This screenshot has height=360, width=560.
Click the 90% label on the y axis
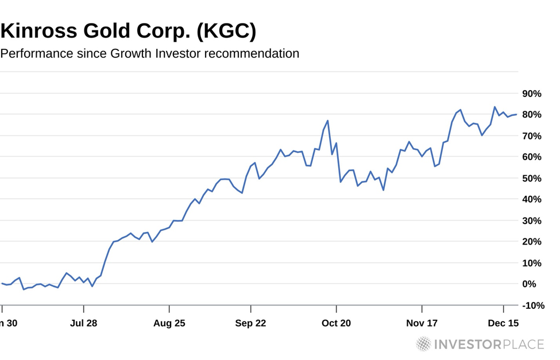531,94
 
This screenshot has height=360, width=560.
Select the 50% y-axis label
531,179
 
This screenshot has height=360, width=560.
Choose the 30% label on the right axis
531,221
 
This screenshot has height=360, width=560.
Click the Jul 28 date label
84,323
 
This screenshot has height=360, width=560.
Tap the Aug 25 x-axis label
169,323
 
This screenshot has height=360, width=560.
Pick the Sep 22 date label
250,323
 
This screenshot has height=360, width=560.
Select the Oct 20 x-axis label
337,323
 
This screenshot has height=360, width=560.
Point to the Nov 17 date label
422,323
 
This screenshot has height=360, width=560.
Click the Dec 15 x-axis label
503,323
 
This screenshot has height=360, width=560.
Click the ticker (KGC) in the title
226,31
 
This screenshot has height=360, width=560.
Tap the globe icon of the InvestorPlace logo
423,344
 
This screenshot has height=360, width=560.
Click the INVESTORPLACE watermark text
489,344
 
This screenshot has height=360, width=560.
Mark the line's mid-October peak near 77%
327,121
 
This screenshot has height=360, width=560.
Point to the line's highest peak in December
495,107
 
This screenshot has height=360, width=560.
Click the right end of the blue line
516,114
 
